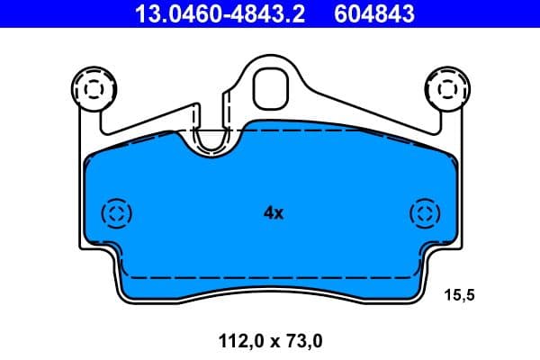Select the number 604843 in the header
[x=374, y=13]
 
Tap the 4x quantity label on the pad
[x=273, y=213]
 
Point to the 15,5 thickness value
[x=461, y=294]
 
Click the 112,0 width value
[x=238, y=341]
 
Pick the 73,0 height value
[x=304, y=341]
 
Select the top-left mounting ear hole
[x=94, y=88]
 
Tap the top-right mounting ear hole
[x=444, y=88]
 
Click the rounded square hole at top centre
[x=269, y=86]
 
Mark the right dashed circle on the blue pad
[x=424, y=213]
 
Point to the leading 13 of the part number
[x=144, y=13]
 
